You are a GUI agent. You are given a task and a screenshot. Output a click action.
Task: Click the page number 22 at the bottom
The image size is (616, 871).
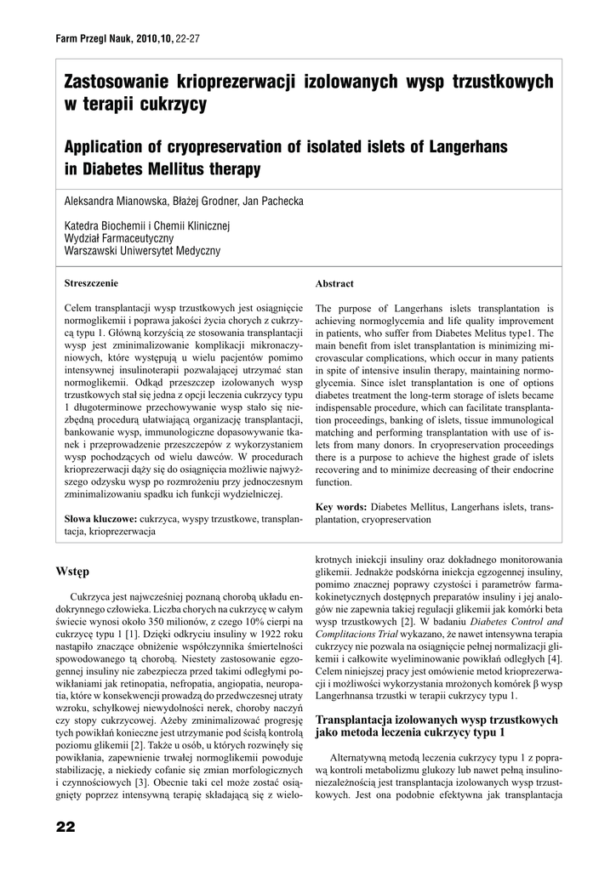(65, 827)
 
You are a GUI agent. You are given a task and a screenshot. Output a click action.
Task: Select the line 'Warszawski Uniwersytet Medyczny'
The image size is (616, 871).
(142, 251)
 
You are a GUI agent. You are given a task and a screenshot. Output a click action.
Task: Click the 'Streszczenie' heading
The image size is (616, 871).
(92, 282)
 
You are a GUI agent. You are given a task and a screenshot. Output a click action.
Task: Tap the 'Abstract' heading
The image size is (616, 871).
(334, 283)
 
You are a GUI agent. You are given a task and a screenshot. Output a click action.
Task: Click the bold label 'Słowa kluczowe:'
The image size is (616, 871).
(101, 518)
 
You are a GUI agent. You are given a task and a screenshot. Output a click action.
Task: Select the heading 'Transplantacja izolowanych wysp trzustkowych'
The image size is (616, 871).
(436, 720)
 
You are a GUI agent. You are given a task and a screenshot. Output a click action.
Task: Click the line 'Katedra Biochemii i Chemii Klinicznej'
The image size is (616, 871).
(147, 225)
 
